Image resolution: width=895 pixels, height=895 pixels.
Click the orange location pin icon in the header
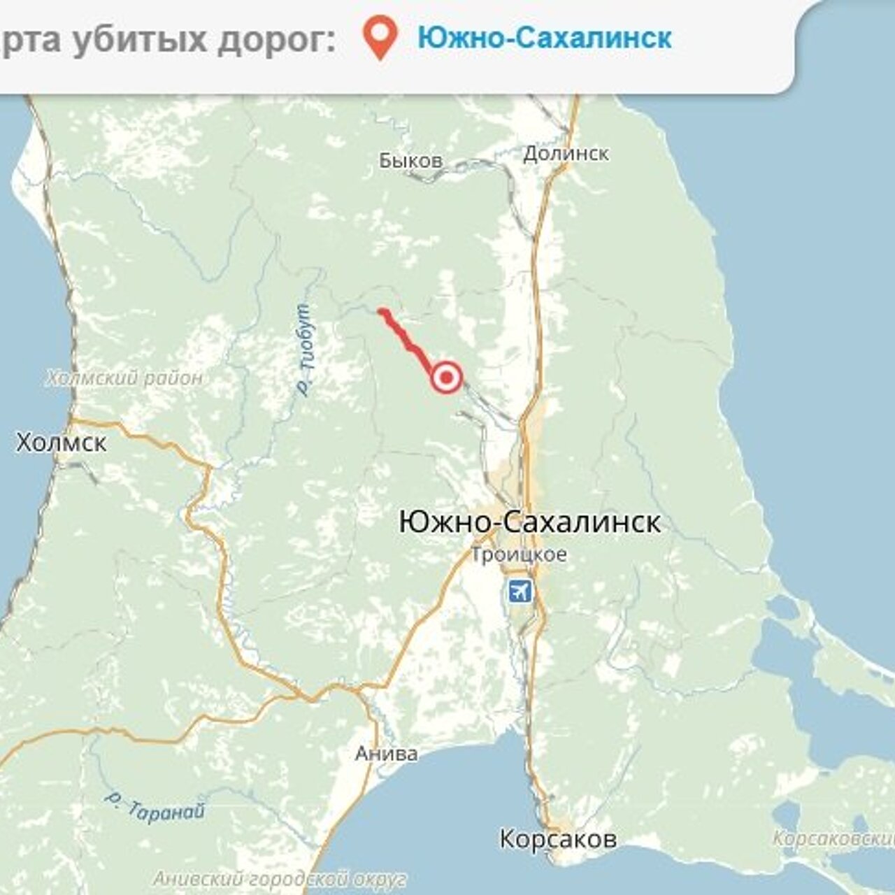380,38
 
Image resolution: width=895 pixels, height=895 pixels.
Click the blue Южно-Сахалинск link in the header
544,38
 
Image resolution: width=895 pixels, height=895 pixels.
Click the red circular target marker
446,378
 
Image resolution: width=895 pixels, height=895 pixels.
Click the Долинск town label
566,153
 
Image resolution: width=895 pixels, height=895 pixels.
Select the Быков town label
410,161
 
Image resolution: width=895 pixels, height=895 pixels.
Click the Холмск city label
62,443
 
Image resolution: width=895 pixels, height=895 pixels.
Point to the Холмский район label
124,378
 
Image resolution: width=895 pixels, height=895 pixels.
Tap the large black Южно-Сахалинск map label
529,522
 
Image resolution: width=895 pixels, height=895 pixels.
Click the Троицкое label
518,555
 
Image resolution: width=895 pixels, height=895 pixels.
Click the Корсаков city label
558,838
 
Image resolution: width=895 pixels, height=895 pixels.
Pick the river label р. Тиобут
305,350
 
